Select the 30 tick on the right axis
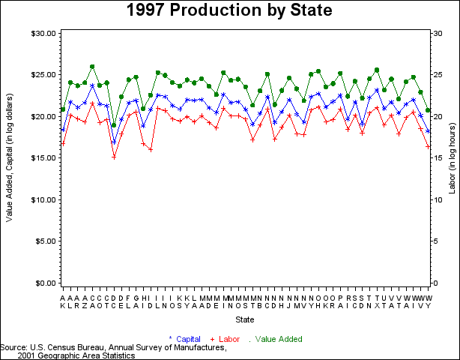coord(438,33)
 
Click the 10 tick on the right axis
coord(438,199)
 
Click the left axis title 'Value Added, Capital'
coord(9,157)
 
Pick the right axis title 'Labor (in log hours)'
coord(453,157)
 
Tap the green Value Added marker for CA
coord(92,67)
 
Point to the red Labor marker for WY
coord(428,146)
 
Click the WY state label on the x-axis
coord(428,301)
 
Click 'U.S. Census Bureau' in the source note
coord(63,348)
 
